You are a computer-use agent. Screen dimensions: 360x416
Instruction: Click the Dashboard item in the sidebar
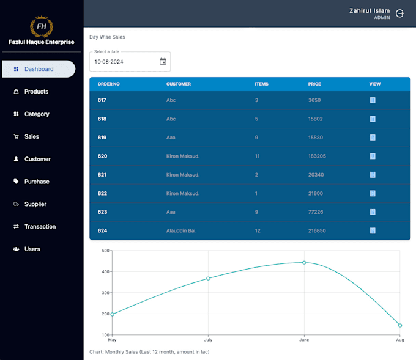click(x=38, y=69)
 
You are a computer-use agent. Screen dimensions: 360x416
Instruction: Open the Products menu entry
click(x=36, y=92)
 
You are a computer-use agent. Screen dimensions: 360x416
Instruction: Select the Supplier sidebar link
click(x=35, y=204)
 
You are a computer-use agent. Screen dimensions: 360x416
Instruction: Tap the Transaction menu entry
click(x=40, y=227)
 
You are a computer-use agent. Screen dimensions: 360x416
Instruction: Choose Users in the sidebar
click(x=32, y=249)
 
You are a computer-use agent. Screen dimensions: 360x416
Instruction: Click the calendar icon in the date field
click(x=163, y=61)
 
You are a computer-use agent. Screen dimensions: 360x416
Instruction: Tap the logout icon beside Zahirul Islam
click(x=400, y=13)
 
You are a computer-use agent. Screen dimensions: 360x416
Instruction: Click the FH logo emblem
click(x=42, y=26)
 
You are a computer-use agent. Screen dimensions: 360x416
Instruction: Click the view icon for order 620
click(x=373, y=156)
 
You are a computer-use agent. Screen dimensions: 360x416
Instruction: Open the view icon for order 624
click(x=373, y=230)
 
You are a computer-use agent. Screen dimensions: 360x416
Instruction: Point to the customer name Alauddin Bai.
click(x=182, y=230)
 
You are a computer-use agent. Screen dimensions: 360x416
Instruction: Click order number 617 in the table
click(x=102, y=100)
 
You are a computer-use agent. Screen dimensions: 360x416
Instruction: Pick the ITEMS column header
click(x=261, y=84)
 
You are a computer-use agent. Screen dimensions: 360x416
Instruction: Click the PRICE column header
click(x=314, y=84)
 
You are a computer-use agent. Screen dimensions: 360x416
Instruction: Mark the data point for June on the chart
click(x=304, y=263)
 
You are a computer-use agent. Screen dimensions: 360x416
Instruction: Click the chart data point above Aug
click(x=400, y=326)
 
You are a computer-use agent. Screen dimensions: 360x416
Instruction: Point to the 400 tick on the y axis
click(x=105, y=271)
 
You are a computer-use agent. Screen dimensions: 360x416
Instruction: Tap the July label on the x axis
click(x=208, y=340)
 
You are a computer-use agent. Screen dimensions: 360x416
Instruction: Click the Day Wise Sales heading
click(x=107, y=37)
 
